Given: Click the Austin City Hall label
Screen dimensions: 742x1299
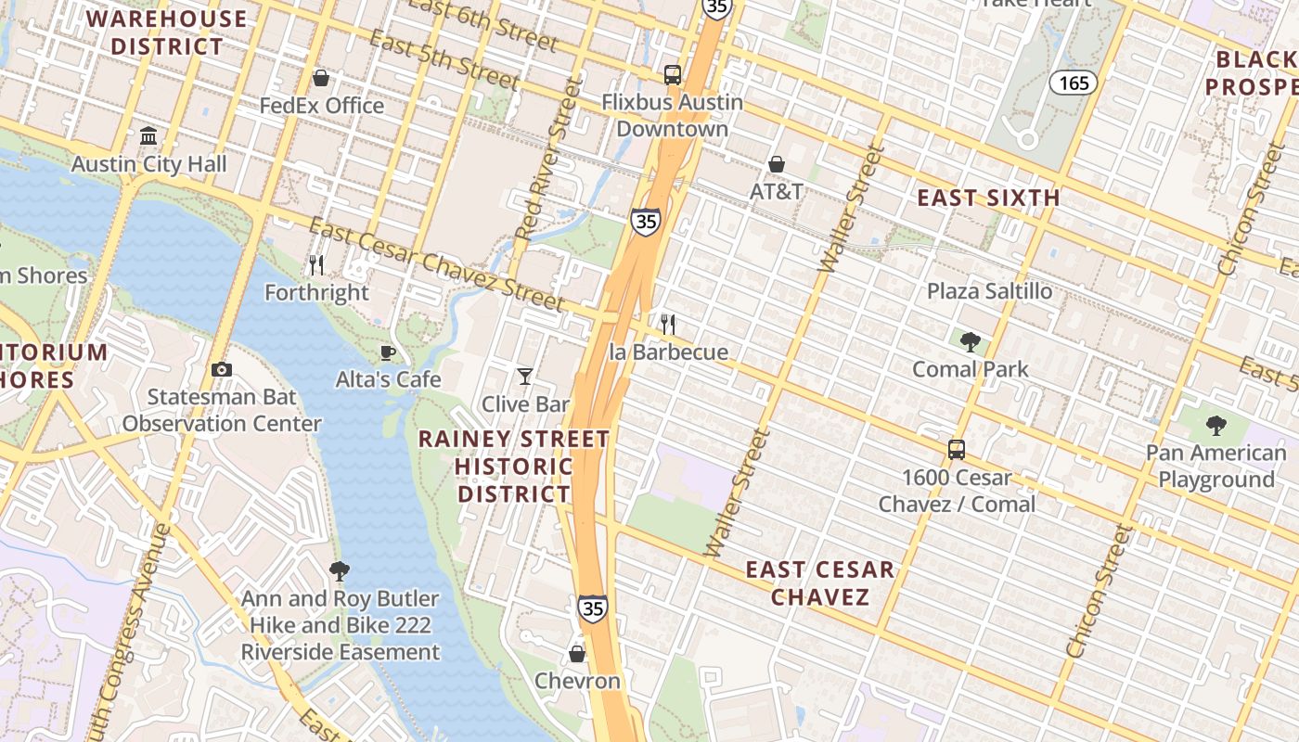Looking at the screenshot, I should tap(148, 164).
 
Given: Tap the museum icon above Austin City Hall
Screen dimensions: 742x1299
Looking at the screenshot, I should tap(148, 137).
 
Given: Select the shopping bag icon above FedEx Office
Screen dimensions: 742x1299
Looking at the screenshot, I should tap(321, 78).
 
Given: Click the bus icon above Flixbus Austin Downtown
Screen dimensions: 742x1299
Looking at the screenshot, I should tap(673, 75).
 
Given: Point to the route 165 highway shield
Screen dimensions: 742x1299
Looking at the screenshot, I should tap(1074, 83).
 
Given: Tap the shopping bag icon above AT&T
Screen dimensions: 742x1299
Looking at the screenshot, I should tap(777, 164).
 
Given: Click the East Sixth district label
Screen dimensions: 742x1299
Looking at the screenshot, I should tap(988, 198).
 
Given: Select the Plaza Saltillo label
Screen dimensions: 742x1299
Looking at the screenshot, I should tap(989, 291).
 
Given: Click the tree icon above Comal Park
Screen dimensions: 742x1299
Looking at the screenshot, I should tap(971, 342).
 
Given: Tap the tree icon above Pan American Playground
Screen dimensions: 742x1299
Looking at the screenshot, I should tap(1215, 426).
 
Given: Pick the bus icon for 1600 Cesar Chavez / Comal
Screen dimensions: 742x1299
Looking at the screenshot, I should tap(957, 450).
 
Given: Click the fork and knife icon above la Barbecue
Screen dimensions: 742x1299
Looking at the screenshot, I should tap(668, 325).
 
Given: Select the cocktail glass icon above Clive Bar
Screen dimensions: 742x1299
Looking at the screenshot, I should tap(525, 377).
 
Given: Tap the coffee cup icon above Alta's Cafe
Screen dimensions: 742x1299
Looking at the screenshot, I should tap(388, 352).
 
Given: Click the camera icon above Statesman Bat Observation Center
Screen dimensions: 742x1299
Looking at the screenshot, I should tap(221, 370).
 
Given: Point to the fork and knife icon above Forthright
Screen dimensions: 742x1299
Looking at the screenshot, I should tap(316, 265).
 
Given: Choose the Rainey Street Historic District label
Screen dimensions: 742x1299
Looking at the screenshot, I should tap(514, 466).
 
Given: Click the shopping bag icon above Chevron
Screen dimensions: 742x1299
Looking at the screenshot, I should tap(577, 654).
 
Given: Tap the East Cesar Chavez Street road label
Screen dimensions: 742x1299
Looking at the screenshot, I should tap(436, 265).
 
